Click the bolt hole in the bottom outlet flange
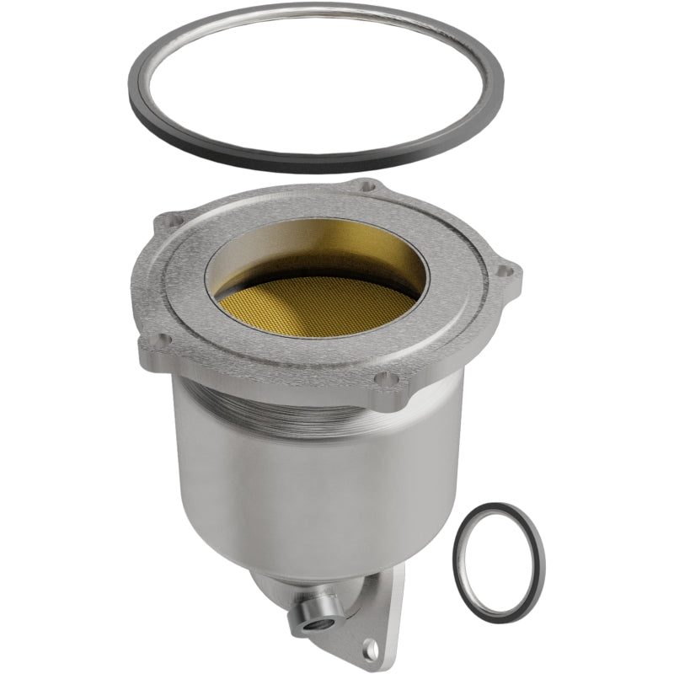pyautogui.click(x=368, y=648)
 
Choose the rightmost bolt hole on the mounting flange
pyautogui.click(x=503, y=270)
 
